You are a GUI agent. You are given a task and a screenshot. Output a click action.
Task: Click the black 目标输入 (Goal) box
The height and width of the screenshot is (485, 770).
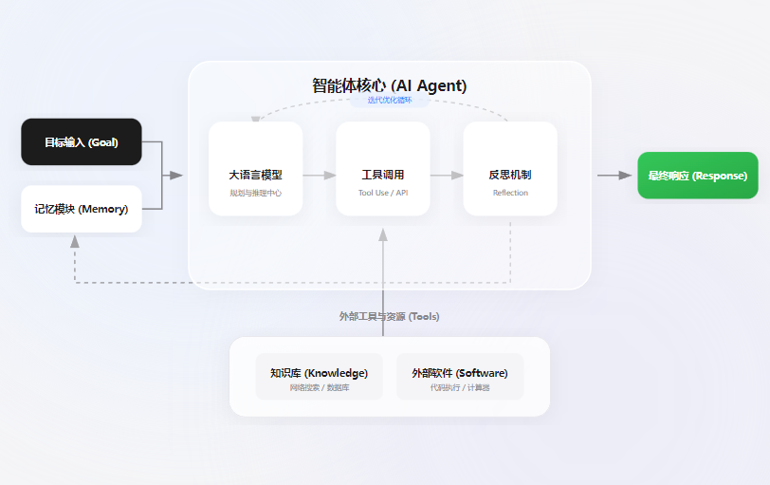pyautogui.click(x=82, y=142)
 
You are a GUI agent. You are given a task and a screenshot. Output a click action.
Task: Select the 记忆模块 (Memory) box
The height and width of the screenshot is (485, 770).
pyautogui.click(x=82, y=209)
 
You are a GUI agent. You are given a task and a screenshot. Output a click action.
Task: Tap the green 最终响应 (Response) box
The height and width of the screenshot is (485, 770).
pyautogui.click(x=697, y=176)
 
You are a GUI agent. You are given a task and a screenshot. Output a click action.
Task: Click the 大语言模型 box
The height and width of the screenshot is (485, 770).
pyautogui.click(x=255, y=169)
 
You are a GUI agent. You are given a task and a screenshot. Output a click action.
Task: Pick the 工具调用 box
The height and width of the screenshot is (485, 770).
pyautogui.click(x=383, y=169)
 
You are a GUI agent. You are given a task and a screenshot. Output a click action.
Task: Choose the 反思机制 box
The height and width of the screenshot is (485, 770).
pyautogui.click(x=510, y=169)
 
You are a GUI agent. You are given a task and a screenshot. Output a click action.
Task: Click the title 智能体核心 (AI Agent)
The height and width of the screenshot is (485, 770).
pyautogui.click(x=389, y=85)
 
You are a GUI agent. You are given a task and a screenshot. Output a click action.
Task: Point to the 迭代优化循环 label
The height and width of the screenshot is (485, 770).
pyautogui.click(x=390, y=100)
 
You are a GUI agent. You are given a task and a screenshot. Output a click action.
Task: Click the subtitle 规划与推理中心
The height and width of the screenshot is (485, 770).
pyautogui.click(x=255, y=193)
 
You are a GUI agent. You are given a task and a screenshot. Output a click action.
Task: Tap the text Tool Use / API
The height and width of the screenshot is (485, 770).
pyautogui.click(x=383, y=193)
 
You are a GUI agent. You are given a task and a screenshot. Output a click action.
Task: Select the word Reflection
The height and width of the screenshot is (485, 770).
pyautogui.click(x=510, y=193)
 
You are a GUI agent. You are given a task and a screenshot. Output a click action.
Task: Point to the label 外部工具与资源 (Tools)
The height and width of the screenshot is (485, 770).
pyautogui.click(x=389, y=316)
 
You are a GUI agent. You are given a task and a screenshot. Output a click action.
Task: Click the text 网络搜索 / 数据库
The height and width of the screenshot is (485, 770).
pyautogui.click(x=319, y=388)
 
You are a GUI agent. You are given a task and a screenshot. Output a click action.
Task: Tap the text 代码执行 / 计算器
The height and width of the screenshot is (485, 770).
pyautogui.click(x=460, y=388)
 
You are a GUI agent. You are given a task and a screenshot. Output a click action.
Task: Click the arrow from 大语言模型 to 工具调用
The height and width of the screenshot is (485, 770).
pyautogui.click(x=320, y=176)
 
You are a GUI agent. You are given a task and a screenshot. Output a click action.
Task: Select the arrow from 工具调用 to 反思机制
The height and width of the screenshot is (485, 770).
pyautogui.click(x=447, y=176)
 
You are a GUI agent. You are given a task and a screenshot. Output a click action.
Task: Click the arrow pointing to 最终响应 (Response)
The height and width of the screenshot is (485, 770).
pyautogui.click(x=615, y=176)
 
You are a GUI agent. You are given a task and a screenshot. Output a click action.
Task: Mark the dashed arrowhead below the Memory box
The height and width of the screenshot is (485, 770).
pyautogui.click(x=75, y=241)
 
